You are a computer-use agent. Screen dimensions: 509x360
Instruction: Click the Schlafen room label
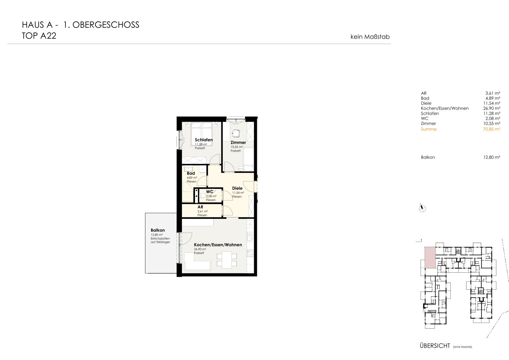click(x=204, y=140)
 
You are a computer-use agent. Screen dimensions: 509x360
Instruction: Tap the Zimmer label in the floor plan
click(x=238, y=143)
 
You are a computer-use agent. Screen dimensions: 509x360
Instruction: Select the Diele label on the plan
click(x=237, y=188)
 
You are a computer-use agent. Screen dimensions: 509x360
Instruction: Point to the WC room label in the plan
click(x=210, y=192)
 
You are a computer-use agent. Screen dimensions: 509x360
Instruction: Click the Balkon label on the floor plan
click(x=158, y=230)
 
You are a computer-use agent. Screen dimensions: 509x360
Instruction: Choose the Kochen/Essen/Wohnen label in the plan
click(x=218, y=245)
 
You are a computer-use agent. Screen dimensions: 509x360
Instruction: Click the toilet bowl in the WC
click(x=203, y=195)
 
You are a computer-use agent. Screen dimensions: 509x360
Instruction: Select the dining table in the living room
click(x=227, y=260)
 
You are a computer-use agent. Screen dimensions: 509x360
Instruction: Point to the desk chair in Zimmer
click(x=236, y=133)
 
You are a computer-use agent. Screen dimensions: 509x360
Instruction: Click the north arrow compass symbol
click(x=422, y=208)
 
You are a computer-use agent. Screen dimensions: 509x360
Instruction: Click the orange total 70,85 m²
click(x=492, y=129)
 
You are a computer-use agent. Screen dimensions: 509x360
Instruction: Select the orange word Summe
click(x=429, y=129)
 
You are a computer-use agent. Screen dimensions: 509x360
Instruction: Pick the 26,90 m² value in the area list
click(x=492, y=108)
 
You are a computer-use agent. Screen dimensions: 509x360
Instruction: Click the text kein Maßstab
click(x=370, y=37)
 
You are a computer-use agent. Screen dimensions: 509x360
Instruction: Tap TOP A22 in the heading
click(x=39, y=36)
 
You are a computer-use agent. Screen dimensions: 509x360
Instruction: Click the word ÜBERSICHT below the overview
click(x=435, y=346)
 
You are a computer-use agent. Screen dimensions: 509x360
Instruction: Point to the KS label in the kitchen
click(x=250, y=224)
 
